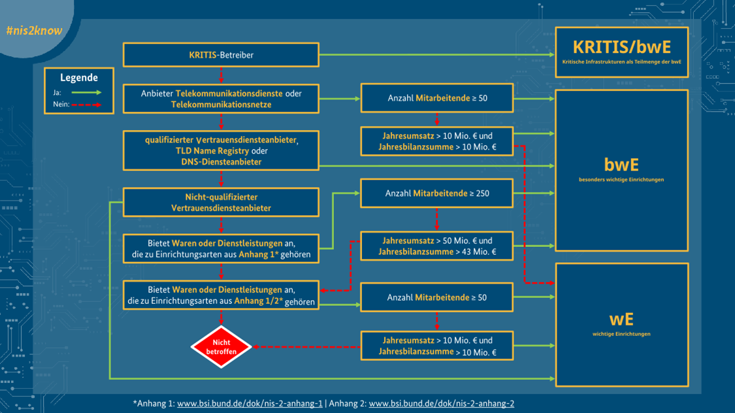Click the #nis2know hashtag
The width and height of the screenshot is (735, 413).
(34, 31)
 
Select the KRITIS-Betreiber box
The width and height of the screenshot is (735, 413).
(221, 55)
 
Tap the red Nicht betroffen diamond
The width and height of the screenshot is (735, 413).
(221, 347)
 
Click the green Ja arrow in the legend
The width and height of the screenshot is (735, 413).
(86, 92)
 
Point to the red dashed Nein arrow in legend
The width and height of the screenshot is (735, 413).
(86, 105)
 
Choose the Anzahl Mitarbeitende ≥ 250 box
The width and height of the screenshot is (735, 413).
(437, 193)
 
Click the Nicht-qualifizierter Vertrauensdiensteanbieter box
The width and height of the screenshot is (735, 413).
(221, 203)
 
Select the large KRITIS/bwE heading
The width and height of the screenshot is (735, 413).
(621, 47)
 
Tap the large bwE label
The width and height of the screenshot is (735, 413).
(621, 165)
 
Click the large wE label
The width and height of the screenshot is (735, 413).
(621, 320)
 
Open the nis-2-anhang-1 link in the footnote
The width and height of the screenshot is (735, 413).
(250, 404)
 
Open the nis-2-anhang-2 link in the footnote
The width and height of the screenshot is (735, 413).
(442, 404)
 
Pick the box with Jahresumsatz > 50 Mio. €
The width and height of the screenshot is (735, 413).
(437, 246)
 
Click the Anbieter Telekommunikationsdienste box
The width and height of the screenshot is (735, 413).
(221, 99)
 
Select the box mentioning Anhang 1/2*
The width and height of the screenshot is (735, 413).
(221, 295)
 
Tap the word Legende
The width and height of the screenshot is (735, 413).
(79, 78)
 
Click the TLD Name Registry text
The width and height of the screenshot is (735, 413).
(212, 151)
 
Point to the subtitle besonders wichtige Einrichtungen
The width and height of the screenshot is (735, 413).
(621, 180)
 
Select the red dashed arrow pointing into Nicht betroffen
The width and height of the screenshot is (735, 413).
(306, 347)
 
